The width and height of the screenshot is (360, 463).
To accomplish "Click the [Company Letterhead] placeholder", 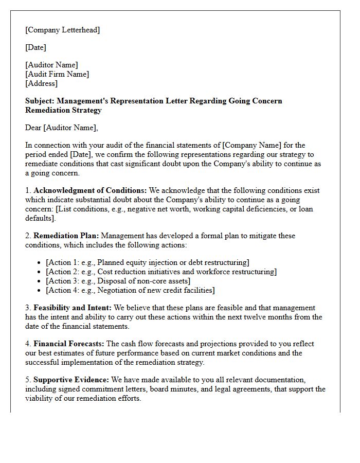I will [63, 30].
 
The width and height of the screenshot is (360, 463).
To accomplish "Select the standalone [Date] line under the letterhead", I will [35, 47].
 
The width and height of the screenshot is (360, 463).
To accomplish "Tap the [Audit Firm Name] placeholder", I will [57, 74].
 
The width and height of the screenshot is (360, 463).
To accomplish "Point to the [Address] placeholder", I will [41, 83].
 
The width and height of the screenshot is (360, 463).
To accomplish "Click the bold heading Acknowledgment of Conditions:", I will [90, 190].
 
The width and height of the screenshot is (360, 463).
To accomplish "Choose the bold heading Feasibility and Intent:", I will [73, 308].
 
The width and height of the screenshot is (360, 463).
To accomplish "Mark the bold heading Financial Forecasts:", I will [69, 344].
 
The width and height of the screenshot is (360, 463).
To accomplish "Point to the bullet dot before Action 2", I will [40, 272].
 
